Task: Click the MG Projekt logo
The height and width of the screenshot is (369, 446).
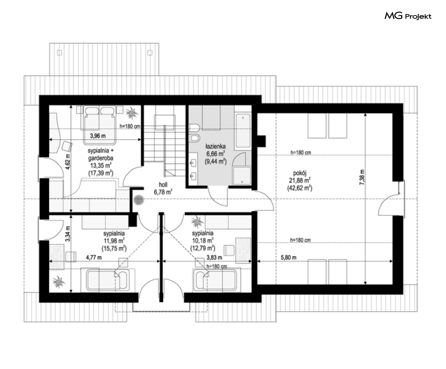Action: coord(408,16)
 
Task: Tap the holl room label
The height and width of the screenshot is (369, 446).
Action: coord(163,184)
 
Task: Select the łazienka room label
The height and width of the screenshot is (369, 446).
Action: coord(216,147)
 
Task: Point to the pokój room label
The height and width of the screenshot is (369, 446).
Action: coord(299,173)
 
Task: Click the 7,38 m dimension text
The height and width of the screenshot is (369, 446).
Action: coord(362,177)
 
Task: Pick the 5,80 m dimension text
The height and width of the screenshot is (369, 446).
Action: coord(288,257)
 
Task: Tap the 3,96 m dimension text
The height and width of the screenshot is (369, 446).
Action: coord(98,136)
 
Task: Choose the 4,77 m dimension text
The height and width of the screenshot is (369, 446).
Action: coord(94,257)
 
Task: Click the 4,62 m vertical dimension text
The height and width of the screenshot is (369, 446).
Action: coord(67,162)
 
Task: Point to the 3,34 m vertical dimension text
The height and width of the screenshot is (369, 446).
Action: coord(67,234)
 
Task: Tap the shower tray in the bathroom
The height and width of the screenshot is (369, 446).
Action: coord(242,176)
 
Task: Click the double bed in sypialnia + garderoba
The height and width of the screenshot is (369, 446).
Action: coord(99,125)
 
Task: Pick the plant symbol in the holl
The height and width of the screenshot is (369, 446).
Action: coord(139,200)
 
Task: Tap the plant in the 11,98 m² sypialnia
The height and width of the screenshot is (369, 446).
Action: coord(59,282)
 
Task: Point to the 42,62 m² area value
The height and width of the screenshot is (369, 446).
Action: coord(300,188)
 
